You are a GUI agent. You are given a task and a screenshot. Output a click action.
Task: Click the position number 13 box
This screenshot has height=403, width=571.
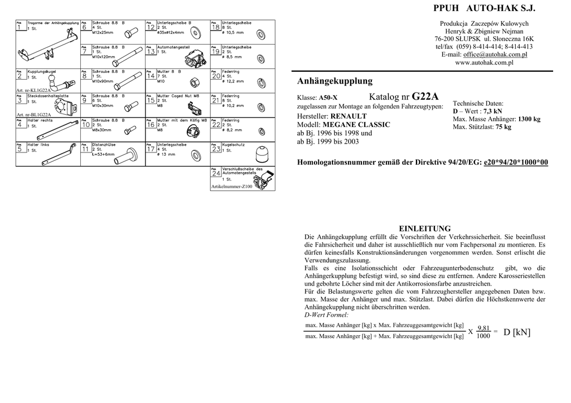pyautogui.click(x=151, y=51)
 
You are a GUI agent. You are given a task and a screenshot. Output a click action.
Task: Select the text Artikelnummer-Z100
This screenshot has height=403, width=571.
pyautogui.click(x=231, y=187)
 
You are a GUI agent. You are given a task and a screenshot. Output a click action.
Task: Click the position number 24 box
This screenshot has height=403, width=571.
pyautogui.click(x=216, y=174)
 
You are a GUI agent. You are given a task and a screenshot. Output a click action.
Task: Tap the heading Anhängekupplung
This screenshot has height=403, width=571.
pyautogui.click(x=335, y=81)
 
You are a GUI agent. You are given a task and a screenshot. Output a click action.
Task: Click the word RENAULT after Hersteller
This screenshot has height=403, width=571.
pyautogui.click(x=349, y=116)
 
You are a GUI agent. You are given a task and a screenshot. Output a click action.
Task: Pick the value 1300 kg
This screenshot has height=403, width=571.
pyautogui.click(x=529, y=119)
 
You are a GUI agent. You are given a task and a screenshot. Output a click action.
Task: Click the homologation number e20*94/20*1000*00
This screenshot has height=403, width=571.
pyautogui.click(x=516, y=162)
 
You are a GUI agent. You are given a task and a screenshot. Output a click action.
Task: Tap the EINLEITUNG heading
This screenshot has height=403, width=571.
pyautogui.click(x=425, y=229)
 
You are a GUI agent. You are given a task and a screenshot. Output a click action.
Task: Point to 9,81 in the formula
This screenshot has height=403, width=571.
pyautogui.click(x=483, y=328)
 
